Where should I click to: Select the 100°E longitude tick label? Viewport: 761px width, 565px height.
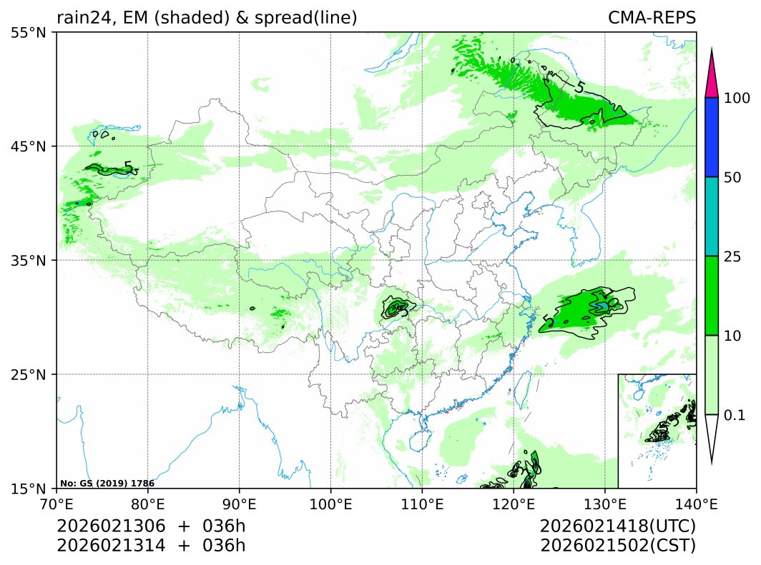pyautogui.click(x=330, y=504)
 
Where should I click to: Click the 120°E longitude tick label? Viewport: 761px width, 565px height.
pyautogui.click(x=514, y=504)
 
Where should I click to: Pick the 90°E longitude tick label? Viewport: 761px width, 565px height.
pyautogui.click(x=239, y=504)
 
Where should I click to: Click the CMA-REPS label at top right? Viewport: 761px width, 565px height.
pyautogui.click(x=652, y=18)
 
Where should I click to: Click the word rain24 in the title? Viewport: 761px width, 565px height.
pyautogui.click(x=80, y=18)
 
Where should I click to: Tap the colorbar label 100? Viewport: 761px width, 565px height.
pyautogui.click(x=736, y=98)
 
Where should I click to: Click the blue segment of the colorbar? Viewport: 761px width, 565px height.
pyautogui.click(x=711, y=137)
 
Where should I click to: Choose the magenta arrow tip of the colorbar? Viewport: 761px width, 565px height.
pyautogui.click(x=711, y=79)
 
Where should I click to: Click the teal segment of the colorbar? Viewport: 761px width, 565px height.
pyautogui.click(x=711, y=216)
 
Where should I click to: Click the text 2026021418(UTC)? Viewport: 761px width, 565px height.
pyautogui.click(x=618, y=526)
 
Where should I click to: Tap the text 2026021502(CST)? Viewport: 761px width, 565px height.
pyautogui.click(x=618, y=546)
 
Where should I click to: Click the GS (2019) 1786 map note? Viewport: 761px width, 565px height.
pyautogui.click(x=107, y=484)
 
